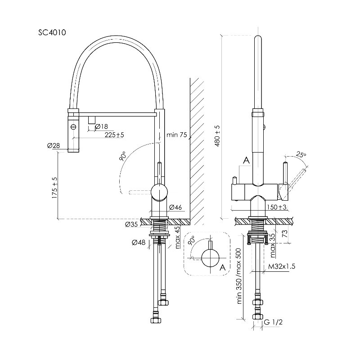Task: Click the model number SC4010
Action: point(52,32)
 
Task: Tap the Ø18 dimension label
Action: point(101,126)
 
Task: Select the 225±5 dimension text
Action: point(114,135)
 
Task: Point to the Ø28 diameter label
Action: point(54,145)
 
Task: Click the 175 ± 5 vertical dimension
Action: point(54,188)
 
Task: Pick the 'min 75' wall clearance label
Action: point(177,135)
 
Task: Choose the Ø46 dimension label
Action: point(175,207)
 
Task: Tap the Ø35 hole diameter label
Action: point(131,224)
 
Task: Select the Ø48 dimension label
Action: point(139,242)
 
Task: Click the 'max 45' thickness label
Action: point(177,238)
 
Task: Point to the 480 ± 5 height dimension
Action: point(217,136)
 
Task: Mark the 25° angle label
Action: point(301,155)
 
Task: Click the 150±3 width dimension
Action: point(277,207)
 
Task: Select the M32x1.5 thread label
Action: point(282,266)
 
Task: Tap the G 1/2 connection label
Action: point(273,322)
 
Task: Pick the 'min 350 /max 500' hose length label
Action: point(239,276)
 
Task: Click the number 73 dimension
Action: point(285,234)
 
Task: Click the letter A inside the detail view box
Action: point(222,267)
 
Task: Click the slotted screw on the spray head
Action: point(73,126)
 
